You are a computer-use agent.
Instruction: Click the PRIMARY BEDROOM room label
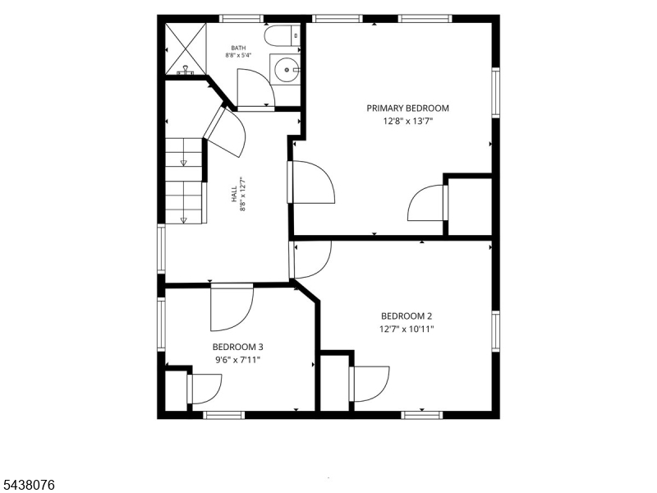tap(407, 108)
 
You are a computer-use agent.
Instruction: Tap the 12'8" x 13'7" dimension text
tap(407, 122)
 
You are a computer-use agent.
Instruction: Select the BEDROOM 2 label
tap(407, 316)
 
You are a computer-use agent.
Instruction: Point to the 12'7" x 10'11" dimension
tap(407, 329)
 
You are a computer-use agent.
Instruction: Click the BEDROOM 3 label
tap(237, 347)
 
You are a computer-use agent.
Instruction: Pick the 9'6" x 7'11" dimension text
tap(237, 360)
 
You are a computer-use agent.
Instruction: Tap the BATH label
tap(238, 48)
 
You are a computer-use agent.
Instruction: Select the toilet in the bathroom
tap(283, 35)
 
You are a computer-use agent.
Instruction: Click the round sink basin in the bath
tap(287, 69)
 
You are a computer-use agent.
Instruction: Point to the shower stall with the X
tap(186, 48)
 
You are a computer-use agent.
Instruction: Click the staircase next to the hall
tap(184, 181)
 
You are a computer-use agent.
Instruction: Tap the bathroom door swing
tap(255, 89)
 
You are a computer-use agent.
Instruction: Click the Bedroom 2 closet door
tap(369, 384)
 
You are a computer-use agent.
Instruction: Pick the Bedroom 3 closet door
tap(204, 389)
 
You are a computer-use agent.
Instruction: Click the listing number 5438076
tap(27, 486)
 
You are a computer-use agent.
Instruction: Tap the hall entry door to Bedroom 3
tap(232, 307)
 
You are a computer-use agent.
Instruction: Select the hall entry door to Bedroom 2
tap(310, 260)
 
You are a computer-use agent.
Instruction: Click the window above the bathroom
tap(241, 18)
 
